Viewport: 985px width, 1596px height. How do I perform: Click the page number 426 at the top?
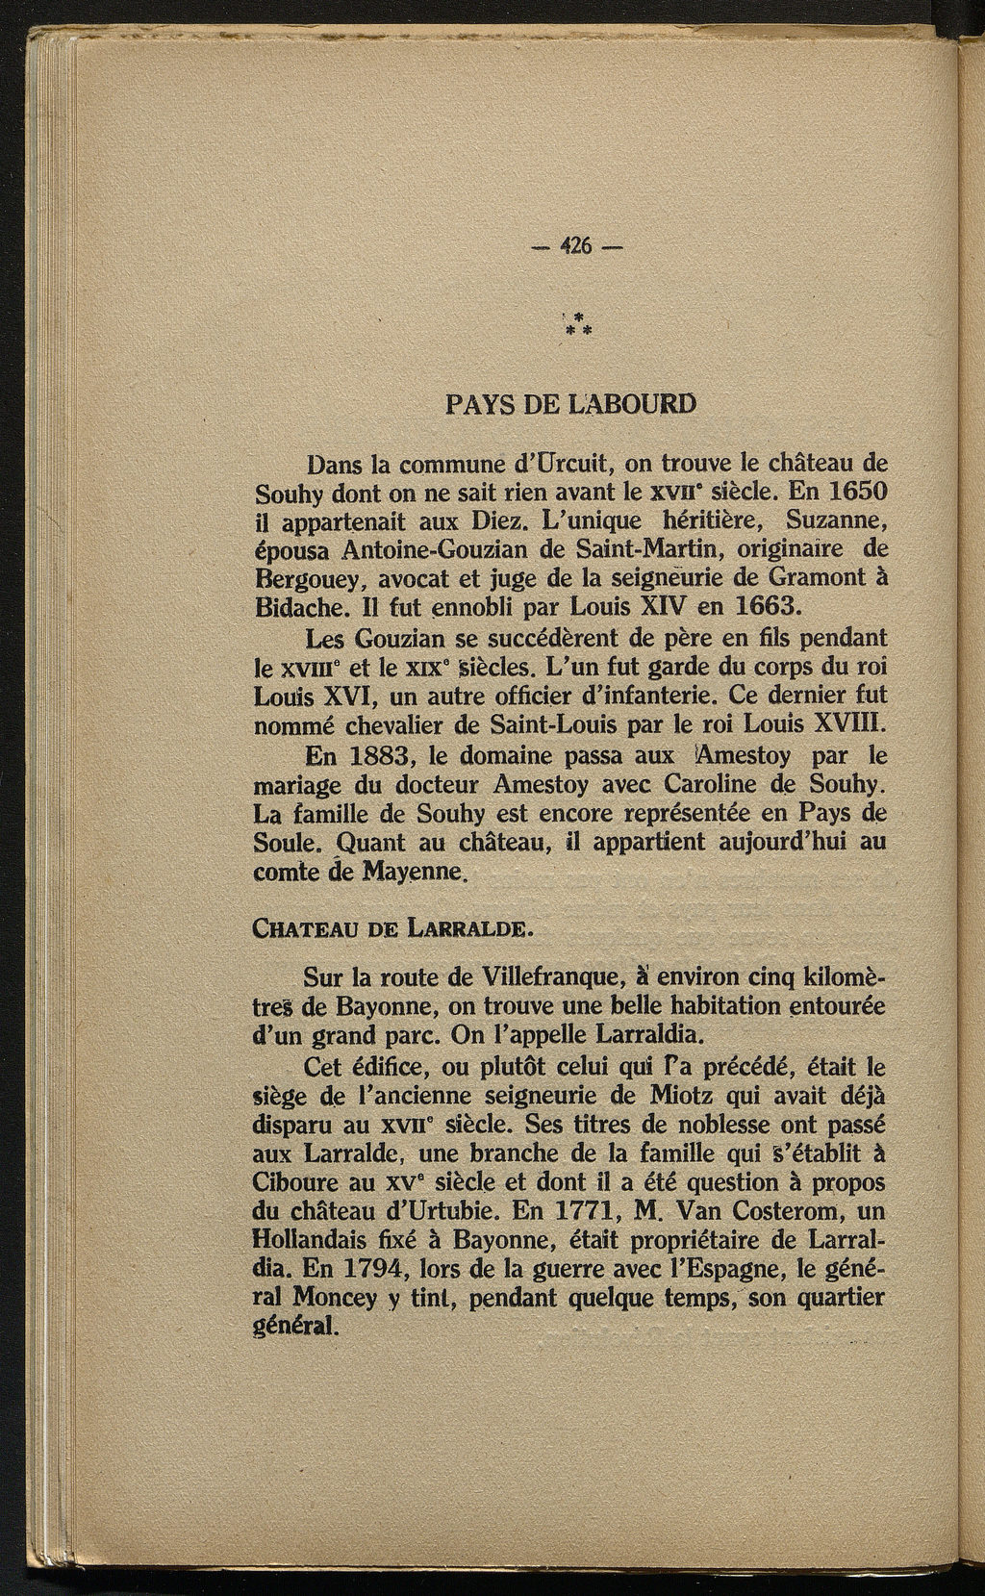tap(576, 244)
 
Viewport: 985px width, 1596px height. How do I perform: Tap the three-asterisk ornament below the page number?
tap(577, 324)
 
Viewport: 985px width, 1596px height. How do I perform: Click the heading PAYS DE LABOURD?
tap(570, 403)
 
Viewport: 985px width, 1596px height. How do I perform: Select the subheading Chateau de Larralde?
tap(390, 929)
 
